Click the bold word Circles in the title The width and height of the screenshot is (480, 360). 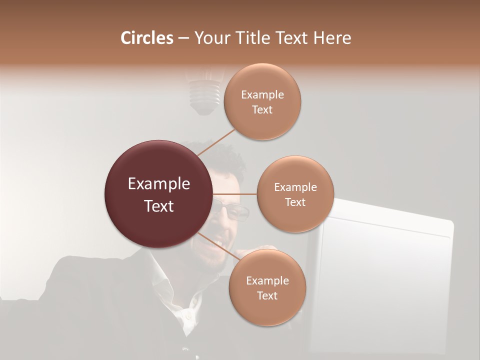point(147,38)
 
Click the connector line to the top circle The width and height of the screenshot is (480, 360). point(216,142)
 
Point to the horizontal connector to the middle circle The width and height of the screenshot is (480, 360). point(235,194)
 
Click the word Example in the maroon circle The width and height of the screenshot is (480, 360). point(159,184)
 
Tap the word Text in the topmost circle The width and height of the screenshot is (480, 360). point(262,110)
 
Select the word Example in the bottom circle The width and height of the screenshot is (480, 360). point(267,280)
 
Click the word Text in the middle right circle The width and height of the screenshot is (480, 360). point(295,202)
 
